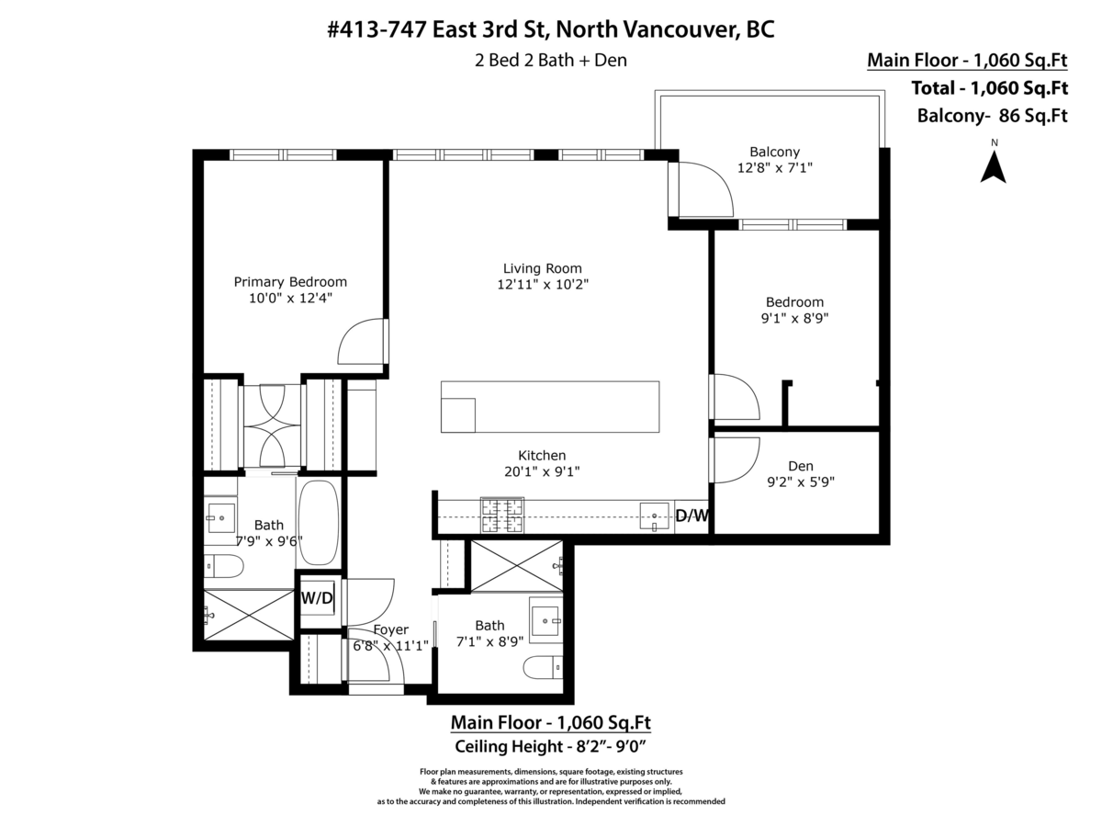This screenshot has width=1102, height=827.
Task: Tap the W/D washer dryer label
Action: click(x=317, y=598)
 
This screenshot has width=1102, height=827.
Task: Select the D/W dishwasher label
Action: click(x=692, y=516)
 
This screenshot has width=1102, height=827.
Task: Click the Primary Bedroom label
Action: click(x=290, y=282)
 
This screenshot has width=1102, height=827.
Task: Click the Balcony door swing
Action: click(x=705, y=188)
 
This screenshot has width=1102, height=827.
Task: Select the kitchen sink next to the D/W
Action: click(x=656, y=517)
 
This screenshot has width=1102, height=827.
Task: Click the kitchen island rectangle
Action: click(x=550, y=406)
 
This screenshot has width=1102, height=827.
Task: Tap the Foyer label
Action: click(x=391, y=629)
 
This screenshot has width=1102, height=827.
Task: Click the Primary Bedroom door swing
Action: click(x=361, y=342)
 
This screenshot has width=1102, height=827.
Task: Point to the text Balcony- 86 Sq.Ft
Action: click(x=992, y=116)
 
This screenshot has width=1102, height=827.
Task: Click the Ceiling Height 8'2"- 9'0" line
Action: click(x=551, y=746)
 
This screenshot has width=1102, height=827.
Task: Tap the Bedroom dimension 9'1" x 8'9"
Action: click(x=794, y=319)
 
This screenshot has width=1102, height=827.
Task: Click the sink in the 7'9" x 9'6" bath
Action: click(x=221, y=517)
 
